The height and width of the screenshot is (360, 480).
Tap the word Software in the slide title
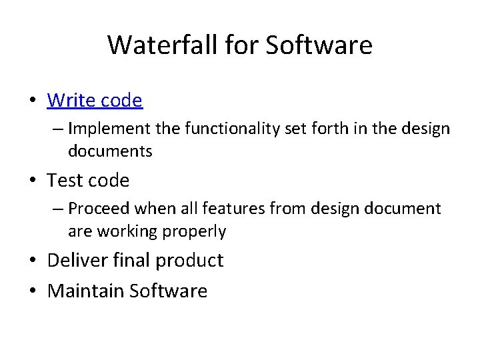pos(319,45)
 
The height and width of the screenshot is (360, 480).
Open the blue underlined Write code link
pos(95,101)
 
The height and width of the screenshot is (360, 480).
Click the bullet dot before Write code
pos(33,101)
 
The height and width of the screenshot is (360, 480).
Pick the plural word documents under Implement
pos(110,151)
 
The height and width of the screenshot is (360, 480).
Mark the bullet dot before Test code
pos(33,181)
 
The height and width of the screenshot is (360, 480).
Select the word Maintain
pos(86,291)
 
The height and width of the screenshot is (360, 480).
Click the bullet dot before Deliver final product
pos(33,261)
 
